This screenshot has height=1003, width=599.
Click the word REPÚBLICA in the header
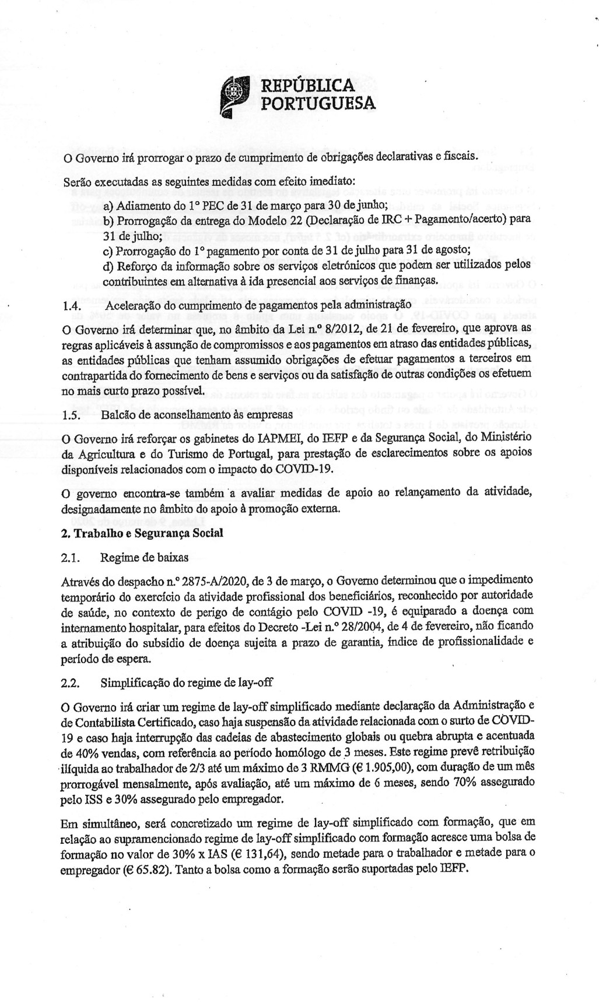tap(307, 86)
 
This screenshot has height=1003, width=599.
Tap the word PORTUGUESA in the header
tap(317, 104)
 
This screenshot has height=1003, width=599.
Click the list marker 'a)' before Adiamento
tap(108, 206)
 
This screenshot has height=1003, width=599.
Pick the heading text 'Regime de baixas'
tap(144, 558)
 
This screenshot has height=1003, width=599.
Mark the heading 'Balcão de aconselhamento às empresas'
tap(197, 415)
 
